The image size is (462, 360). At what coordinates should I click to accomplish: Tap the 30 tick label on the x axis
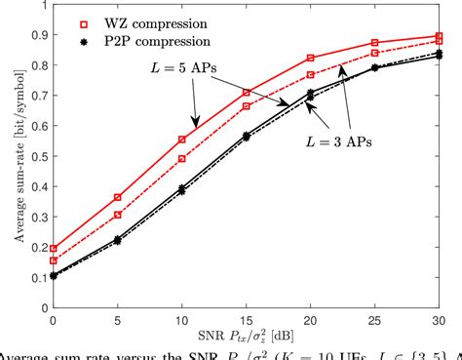[x=442, y=319]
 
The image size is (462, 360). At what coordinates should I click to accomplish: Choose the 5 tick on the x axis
[x=118, y=319]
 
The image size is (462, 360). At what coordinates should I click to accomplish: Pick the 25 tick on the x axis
[x=376, y=319]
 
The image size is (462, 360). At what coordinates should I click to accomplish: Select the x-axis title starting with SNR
[x=247, y=337]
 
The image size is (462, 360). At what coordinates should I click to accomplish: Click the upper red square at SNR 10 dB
[x=182, y=140]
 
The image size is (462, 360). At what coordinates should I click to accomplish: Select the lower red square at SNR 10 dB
[x=182, y=158]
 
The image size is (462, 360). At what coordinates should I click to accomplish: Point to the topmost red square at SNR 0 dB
[x=53, y=249]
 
